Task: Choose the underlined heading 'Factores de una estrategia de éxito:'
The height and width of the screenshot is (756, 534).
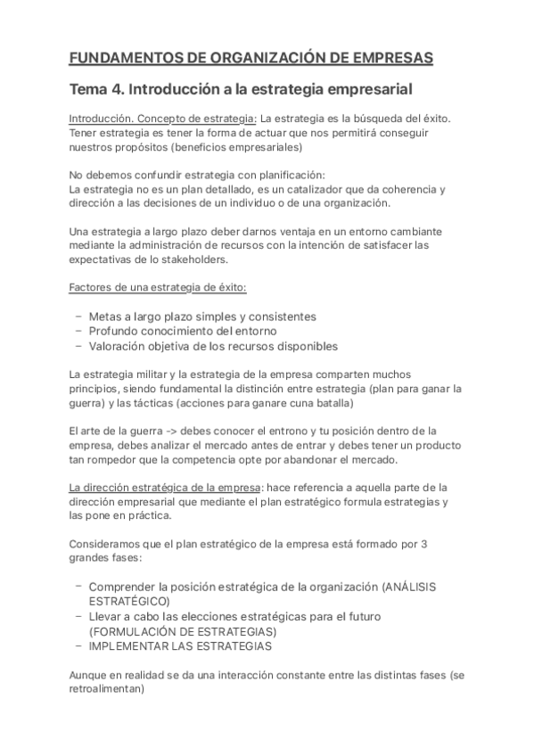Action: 158,287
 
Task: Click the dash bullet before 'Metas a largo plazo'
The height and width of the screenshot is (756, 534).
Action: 78,316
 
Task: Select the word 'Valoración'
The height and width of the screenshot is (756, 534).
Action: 121,346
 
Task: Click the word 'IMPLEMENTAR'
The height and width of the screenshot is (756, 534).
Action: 128,645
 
